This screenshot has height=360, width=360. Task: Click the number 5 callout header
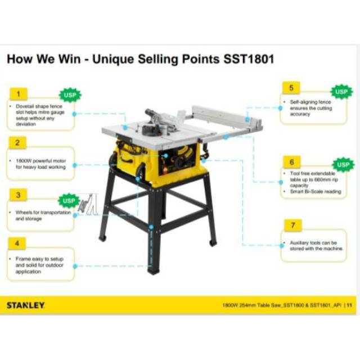[291, 88]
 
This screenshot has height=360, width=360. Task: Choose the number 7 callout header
[291, 225]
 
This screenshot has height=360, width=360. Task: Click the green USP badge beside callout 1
[70, 95]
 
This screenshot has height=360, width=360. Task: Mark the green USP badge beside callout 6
[343, 164]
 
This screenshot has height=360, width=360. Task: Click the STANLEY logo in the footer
[26, 306]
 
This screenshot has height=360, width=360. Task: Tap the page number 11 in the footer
[349, 306]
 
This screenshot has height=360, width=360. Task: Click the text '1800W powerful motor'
[39, 161]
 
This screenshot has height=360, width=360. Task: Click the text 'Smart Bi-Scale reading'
[312, 191]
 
